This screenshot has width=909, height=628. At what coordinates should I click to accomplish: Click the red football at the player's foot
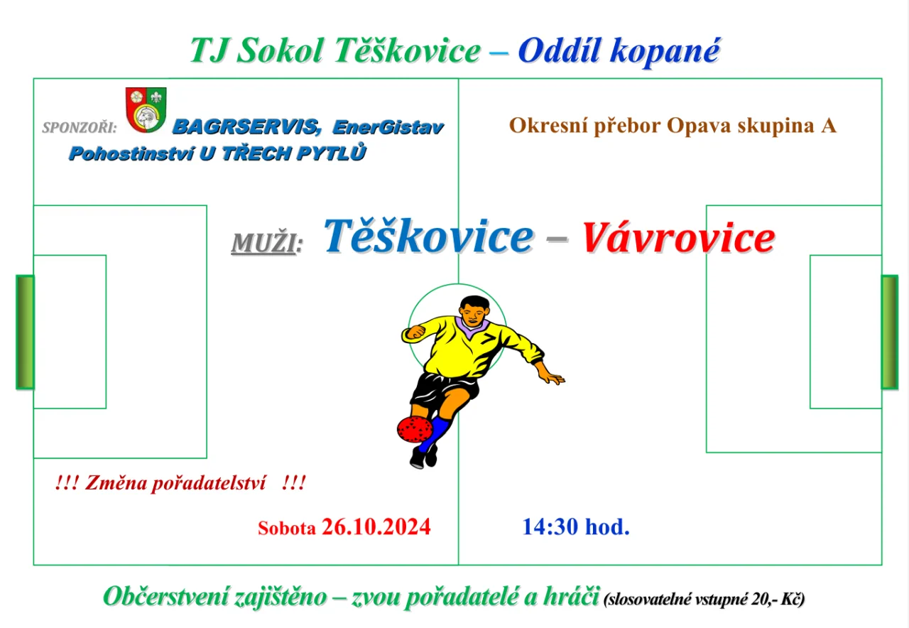tap(414, 429)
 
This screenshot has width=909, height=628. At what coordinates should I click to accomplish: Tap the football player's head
tap(474, 310)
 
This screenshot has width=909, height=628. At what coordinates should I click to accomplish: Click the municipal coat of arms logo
tap(146, 109)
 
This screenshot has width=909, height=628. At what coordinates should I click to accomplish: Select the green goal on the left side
tap(25, 332)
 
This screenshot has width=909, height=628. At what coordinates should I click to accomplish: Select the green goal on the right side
tap(889, 332)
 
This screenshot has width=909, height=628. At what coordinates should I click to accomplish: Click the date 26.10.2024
tap(376, 527)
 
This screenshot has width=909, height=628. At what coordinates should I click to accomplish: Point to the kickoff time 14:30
tap(550, 527)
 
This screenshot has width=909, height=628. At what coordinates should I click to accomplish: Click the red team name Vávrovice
tap(678, 238)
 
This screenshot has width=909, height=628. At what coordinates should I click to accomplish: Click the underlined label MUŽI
tap(266, 243)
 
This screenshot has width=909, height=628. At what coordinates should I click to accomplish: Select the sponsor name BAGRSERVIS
tap(246, 126)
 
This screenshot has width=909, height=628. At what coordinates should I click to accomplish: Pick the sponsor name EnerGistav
tap(388, 127)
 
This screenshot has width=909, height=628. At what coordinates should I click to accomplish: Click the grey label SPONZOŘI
tap(80, 127)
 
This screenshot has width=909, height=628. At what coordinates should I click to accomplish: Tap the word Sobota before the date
tap(286, 529)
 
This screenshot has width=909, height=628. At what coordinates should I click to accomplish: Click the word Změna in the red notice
tap(116, 483)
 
